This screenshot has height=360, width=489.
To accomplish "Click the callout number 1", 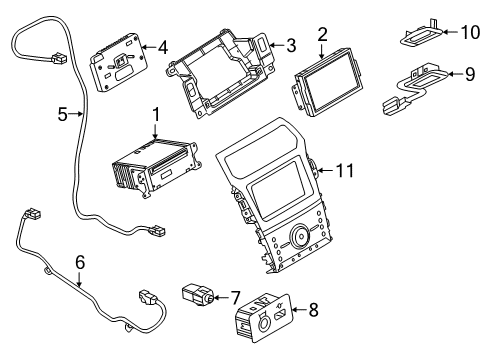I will [x=156, y=116].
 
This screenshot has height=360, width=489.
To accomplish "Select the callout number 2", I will [x=322, y=36].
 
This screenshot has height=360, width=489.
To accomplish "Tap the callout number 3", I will [x=290, y=44].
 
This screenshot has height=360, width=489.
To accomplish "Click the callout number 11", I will [x=345, y=171].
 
